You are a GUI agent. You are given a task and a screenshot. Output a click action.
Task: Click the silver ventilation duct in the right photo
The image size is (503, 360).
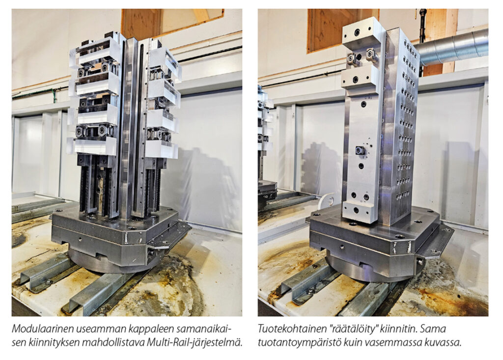point(452,48)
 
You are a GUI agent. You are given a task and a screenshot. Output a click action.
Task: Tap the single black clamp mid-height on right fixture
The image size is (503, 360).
point(360,150)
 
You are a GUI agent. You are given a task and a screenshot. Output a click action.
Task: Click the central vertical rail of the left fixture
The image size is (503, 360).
point(132,128)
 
